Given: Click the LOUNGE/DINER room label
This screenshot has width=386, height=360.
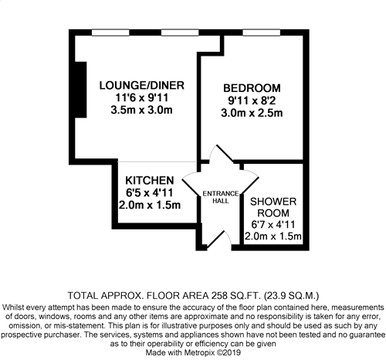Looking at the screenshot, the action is pyautogui.click(x=142, y=86).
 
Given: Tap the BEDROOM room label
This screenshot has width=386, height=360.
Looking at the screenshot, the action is pyautogui.click(x=252, y=88).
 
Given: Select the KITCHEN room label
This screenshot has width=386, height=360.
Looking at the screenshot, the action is pyautogui.click(x=150, y=181).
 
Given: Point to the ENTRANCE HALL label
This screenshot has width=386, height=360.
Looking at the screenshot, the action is pyautogui.click(x=221, y=197).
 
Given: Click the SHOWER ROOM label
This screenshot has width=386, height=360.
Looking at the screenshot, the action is pyautogui.click(x=273, y=207).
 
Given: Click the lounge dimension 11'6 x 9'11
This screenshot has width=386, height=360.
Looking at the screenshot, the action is pyautogui.click(x=142, y=98).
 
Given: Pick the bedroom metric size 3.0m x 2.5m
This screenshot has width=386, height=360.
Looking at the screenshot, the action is pyautogui.click(x=252, y=113).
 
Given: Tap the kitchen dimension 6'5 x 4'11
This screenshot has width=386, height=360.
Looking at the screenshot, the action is pyautogui.click(x=150, y=192).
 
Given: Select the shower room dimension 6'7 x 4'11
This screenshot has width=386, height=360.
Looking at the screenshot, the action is pyautogui.click(x=273, y=225).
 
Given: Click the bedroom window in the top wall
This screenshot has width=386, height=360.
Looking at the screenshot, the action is pyautogui.click(x=262, y=32).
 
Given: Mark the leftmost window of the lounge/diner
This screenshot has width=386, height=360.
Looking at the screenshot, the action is pyautogui.click(x=110, y=32).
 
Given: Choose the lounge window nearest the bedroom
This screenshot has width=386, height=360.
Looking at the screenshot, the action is pyautogui.click(x=180, y=32).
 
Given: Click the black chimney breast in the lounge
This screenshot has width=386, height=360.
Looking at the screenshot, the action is pyautogui.click(x=80, y=90).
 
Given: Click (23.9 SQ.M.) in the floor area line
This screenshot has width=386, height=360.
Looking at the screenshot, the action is pyautogui.click(x=292, y=296).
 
